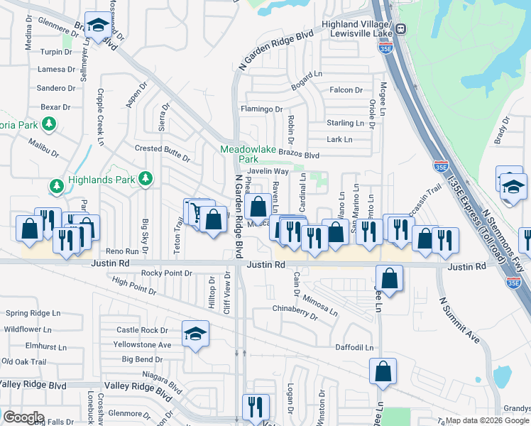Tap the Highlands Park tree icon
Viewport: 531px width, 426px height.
[146, 179]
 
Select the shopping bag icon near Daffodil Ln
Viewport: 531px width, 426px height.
[383, 371]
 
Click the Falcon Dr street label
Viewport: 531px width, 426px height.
[346, 90]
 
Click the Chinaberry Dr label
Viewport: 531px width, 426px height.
[295, 309]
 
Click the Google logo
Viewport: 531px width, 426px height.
[23, 417]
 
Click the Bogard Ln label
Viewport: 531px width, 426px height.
[306, 74]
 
